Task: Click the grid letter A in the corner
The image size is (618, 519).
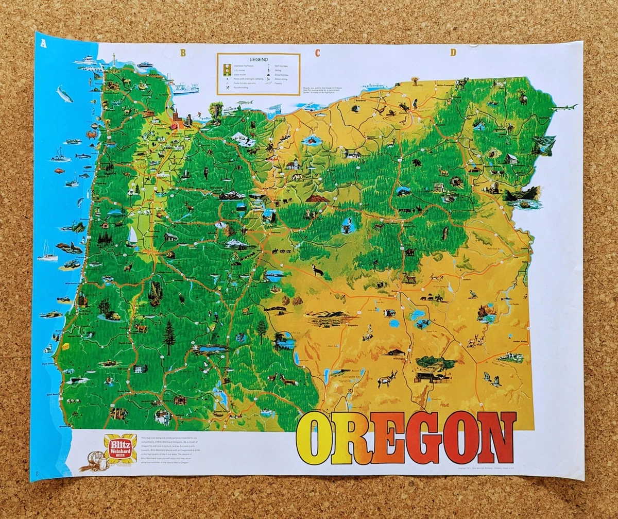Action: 44,43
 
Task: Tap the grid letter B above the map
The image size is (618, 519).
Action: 182,52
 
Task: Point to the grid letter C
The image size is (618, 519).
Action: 318,52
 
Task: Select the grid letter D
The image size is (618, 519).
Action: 453,52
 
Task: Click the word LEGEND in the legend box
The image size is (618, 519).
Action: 258,60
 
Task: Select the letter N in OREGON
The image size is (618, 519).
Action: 496,438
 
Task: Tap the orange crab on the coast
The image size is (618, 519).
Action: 92,135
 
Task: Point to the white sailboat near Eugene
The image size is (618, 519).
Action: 132,236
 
